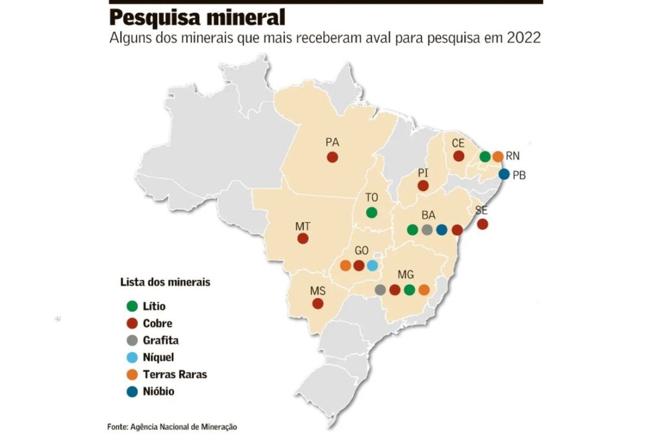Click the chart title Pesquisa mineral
tap(197, 17)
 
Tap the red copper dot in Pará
tap(332, 157)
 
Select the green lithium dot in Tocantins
tap(372, 212)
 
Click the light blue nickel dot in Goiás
tap(372, 266)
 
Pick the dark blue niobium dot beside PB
tap(504, 174)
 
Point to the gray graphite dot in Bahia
tap(427, 229)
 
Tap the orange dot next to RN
tap(498, 156)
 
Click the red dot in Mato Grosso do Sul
tap(318, 303)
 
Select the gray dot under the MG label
tap(380, 290)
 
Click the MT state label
tap(302, 227)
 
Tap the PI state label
tap(423, 173)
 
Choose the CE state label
tap(458, 143)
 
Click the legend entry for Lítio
tap(154, 307)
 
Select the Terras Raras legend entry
tap(175, 375)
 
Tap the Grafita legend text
tap(161, 341)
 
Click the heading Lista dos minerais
tap(165, 282)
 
